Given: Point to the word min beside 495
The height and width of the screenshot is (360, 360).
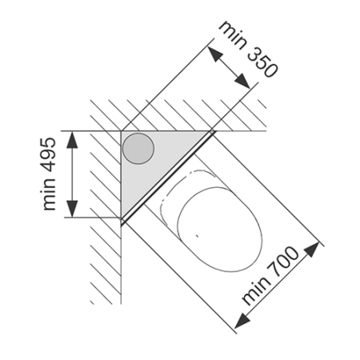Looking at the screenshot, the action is (x=49, y=194).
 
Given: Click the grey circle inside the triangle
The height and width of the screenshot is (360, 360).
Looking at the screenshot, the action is (x=138, y=149).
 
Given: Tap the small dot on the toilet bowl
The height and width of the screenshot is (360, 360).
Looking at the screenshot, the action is (x=197, y=235).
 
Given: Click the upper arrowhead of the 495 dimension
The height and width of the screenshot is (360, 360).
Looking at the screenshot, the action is (x=72, y=139).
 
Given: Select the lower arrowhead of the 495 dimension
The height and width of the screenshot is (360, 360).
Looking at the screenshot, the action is (x=72, y=209).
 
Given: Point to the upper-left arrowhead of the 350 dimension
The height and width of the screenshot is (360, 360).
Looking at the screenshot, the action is (x=214, y=54).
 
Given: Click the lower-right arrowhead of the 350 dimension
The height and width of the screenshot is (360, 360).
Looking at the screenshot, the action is (x=243, y=81).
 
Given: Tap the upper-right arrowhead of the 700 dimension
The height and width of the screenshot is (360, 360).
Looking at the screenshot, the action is (x=312, y=250).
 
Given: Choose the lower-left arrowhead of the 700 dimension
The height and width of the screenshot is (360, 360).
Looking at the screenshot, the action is (x=242, y=321).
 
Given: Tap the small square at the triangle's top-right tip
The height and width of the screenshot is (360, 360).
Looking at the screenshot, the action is (x=212, y=131).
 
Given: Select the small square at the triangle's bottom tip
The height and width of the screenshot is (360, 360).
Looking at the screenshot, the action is (x=122, y=221).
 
